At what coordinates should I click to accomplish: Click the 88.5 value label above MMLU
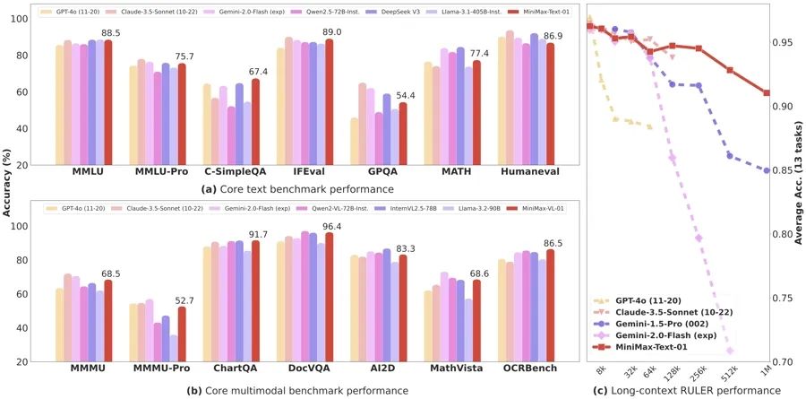(x=112, y=32)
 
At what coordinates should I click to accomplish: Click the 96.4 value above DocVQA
(x=333, y=226)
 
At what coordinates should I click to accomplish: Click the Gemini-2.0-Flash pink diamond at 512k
(x=730, y=351)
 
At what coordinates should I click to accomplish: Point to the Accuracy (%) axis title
(x=7, y=179)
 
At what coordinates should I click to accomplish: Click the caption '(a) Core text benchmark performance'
(x=290, y=188)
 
